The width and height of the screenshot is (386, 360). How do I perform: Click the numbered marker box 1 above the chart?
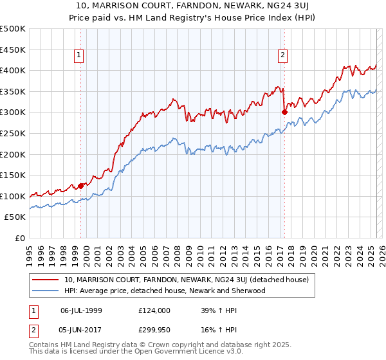[78, 56]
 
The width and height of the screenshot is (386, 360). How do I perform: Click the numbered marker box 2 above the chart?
[282, 56]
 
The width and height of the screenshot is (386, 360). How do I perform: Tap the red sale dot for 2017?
[284, 112]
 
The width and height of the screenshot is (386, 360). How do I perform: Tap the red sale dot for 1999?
[81, 186]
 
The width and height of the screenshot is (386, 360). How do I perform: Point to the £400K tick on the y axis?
[14, 71]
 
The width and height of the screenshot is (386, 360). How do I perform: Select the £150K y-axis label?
[14, 175]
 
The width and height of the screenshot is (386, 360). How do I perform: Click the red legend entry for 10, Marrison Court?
[187, 280]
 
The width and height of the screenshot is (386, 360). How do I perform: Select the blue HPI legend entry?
[165, 291]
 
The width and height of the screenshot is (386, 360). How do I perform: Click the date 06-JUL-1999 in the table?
[81, 310]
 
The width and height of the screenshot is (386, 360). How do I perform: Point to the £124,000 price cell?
[154, 310]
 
